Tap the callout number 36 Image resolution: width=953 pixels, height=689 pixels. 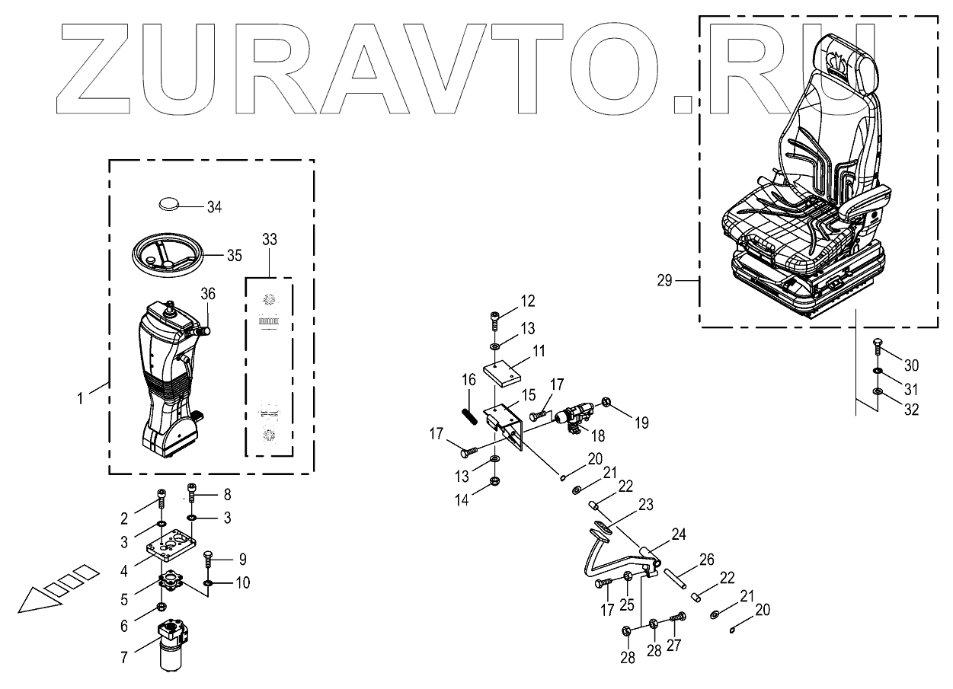coord(208,294)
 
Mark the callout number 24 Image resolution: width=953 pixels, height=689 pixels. coord(678,534)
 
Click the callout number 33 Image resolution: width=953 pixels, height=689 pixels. coord(270,239)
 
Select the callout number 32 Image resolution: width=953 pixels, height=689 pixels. coord(910,409)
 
